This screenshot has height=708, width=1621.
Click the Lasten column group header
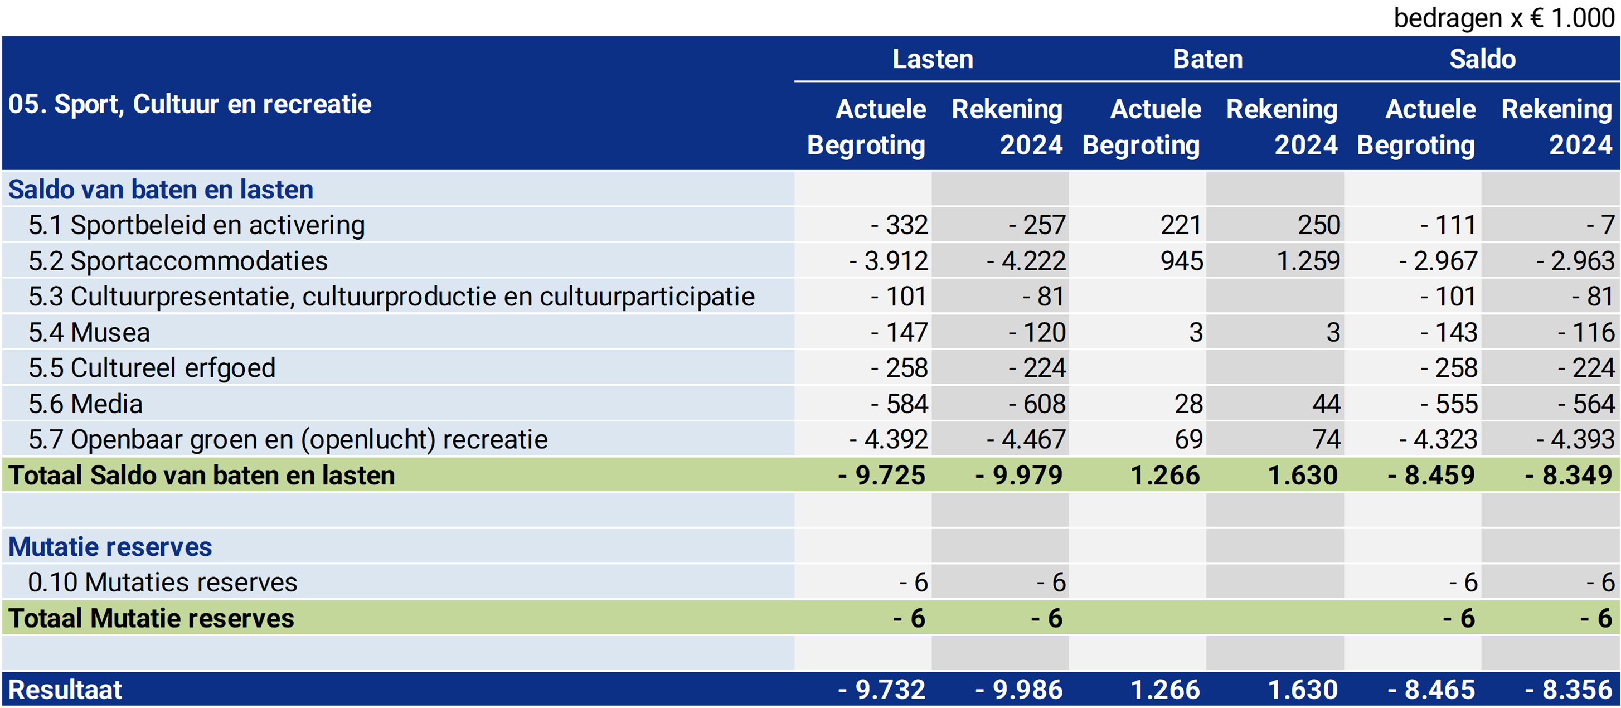[x=933, y=59]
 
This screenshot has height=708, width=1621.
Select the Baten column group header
[x=1207, y=59]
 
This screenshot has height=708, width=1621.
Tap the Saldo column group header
[x=1483, y=59]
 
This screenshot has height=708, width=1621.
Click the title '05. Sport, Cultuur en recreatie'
[x=190, y=104]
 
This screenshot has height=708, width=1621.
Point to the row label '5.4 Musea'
[x=89, y=332]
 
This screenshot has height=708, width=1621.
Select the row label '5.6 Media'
[x=86, y=404]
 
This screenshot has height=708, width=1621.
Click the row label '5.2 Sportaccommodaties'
[x=178, y=261]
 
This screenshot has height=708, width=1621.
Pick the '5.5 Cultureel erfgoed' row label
[x=152, y=368]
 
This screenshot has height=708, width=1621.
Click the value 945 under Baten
[x=1182, y=261]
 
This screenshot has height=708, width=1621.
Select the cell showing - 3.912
[x=889, y=261]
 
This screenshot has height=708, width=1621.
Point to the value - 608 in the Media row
[x=1037, y=404]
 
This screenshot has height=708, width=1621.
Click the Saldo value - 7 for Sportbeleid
[x=1600, y=225]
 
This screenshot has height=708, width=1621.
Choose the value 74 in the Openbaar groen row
[x=1326, y=439]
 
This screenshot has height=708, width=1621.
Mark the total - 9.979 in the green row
[x=1019, y=475]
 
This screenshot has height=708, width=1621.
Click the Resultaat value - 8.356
[x=1568, y=690]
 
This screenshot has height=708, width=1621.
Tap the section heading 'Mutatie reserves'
[x=110, y=547]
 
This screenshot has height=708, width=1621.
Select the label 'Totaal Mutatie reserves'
[x=151, y=619]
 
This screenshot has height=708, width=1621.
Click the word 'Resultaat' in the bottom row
[x=65, y=690]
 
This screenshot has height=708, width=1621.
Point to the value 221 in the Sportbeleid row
[x=1181, y=225]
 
